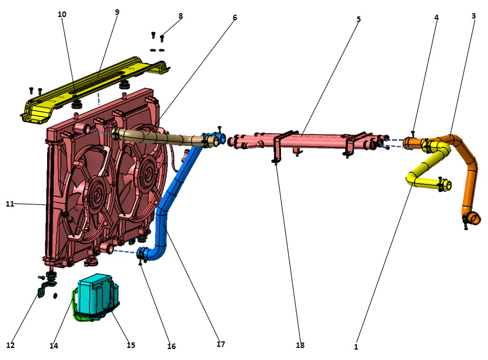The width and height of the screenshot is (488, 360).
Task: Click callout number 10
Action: click(x=62, y=14)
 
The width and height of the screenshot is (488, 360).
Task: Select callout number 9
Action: click(x=117, y=12)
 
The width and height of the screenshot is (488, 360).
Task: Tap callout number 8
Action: click(x=181, y=16)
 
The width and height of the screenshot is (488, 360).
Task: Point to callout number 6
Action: click(x=235, y=18)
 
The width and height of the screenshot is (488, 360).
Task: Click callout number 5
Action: click(x=359, y=19)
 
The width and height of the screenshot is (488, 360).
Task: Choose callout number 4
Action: click(x=437, y=18)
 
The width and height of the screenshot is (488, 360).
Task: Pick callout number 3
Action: click(x=473, y=16)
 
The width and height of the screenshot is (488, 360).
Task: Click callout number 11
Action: click(x=9, y=204)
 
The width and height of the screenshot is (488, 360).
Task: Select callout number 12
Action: click(x=10, y=345)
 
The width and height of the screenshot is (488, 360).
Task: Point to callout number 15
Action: click(x=130, y=345)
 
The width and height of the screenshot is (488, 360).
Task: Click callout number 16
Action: click(x=171, y=346)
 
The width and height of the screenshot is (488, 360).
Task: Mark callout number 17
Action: click(x=221, y=344)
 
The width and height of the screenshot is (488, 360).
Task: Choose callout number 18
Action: click(x=300, y=345)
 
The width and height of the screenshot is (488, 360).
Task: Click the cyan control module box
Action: click(x=96, y=296)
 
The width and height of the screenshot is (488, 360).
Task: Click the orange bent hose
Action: click(x=470, y=175)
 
